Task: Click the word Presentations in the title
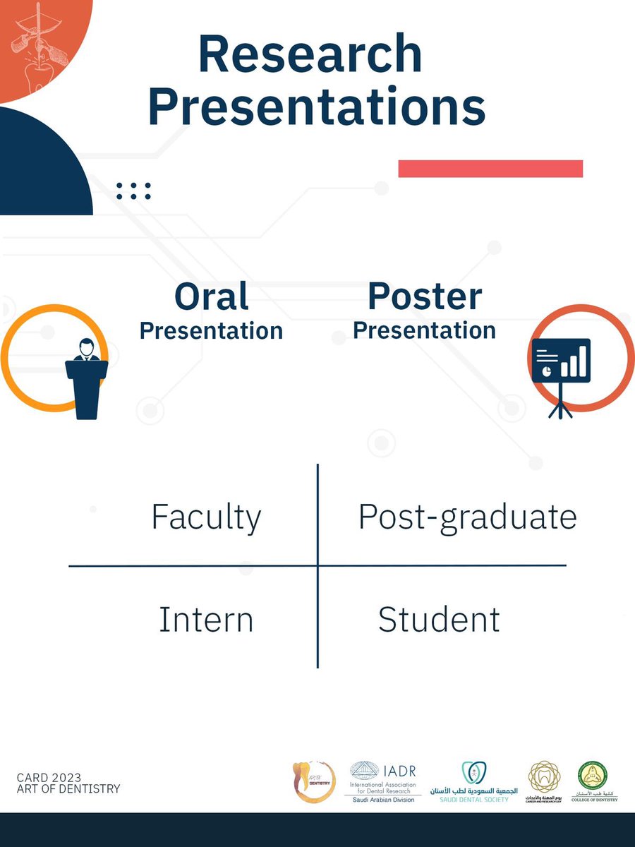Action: tap(316, 107)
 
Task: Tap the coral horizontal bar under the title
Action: tap(490, 169)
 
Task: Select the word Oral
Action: tap(211, 297)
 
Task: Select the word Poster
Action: tap(425, 296)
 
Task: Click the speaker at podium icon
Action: tap(85, 378)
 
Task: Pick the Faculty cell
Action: tap(206, 517)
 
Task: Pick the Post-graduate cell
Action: tap(467, 517)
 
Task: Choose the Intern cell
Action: tap(206, 620)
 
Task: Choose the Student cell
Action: tap(439, 620)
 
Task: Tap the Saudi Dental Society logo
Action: tap(469, 781)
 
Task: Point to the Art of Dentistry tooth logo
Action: tap(313, 781)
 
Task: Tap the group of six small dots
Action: tap(133, 191)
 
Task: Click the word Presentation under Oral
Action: tap(211, 330)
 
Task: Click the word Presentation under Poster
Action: tap(424, 330)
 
